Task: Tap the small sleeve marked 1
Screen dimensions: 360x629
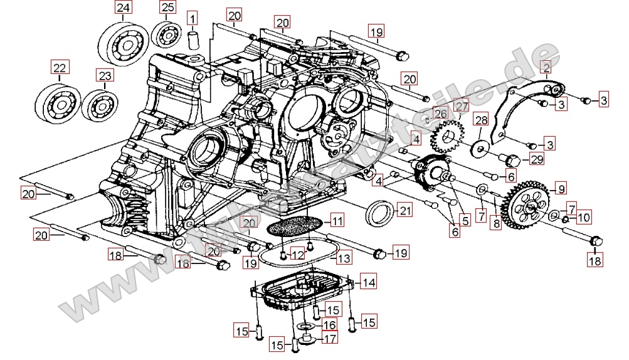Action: click(193, 39)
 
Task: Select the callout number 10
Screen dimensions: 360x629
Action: click(583, 218)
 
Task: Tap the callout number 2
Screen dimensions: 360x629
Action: click(546, 67)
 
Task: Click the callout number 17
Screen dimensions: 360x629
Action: click(330, 339)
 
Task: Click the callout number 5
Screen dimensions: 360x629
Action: click(464, 220)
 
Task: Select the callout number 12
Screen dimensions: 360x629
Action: click(297, 255)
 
